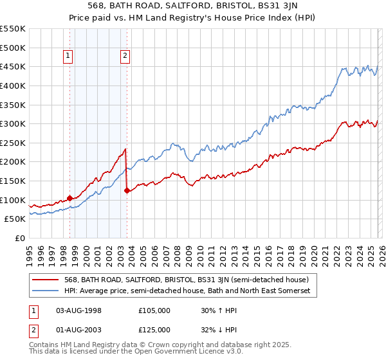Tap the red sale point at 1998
[x=69, y=199]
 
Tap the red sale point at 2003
[x=127, y=190]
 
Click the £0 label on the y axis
[x=19, y=239]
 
